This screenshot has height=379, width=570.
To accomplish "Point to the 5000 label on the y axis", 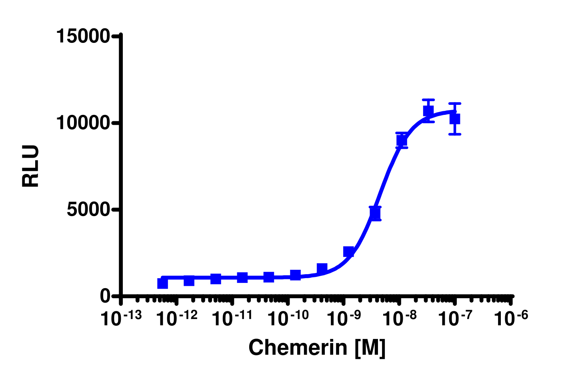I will (88, 209).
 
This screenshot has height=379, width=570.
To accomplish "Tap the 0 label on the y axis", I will (105, 296).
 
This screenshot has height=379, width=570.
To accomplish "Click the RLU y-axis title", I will (31, 166).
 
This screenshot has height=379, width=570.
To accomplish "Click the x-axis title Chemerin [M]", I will (317, 347).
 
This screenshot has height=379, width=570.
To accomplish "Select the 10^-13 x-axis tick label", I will (121, 318).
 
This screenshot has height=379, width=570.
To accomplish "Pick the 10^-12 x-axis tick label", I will (176, 318).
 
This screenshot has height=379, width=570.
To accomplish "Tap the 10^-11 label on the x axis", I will (232, 318).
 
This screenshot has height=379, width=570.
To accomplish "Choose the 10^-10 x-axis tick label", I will (288, 318).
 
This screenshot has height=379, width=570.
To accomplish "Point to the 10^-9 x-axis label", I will (343, 318).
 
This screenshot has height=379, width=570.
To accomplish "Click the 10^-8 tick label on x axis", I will (399, 318).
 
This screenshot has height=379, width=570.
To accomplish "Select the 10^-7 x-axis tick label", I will (454, 318).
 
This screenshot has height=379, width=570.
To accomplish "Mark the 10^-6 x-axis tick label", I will (510, 318).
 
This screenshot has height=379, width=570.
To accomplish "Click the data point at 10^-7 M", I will (455, 119).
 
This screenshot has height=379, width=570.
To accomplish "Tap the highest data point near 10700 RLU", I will (428, 110).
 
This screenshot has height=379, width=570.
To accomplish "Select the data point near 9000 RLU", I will (402, 140).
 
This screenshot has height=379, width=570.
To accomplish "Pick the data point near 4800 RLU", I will (375, 214).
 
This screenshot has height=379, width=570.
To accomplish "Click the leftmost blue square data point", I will (162, 283).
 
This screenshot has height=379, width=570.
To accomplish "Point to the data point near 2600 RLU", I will (348, 251).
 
